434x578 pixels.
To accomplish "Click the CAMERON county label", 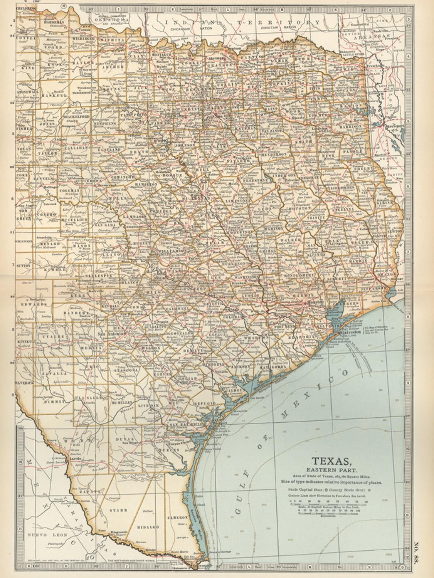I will (x=177, y=518).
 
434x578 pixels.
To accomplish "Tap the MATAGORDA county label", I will (x=283, y=362).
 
